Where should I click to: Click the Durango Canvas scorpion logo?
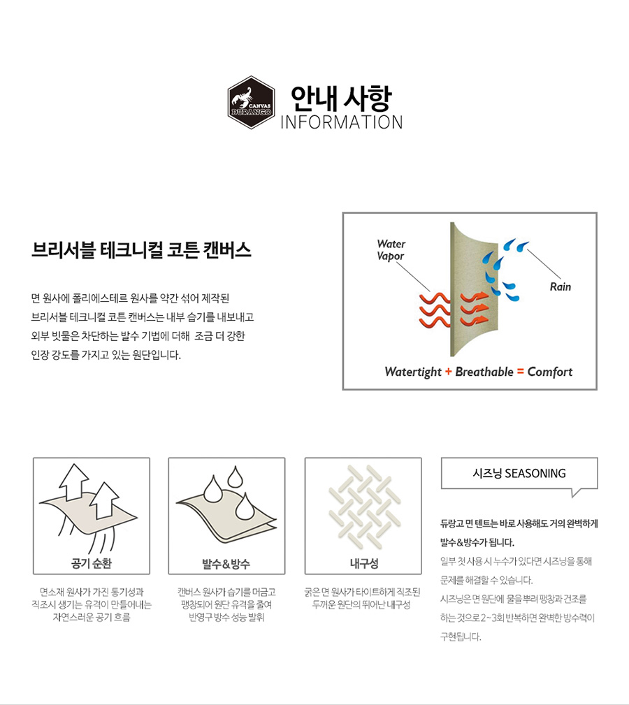(251, 103)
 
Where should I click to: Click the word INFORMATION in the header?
(342, 122)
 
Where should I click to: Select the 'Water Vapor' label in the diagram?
(391, 250)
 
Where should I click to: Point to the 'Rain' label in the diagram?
(561, 286)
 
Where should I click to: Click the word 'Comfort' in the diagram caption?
(550, 372)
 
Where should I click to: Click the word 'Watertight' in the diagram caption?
(413, 372)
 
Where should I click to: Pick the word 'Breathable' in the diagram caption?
(484, 372)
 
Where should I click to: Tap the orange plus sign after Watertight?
(448, 372)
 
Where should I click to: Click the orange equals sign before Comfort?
(520, 372)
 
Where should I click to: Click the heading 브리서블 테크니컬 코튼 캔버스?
(141, 250)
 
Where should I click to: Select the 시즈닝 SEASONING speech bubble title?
(519, 474)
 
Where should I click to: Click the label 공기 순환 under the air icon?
(92, 563)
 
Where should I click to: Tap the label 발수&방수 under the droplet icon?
(226, 564)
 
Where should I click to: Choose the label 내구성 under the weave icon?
(363, 563)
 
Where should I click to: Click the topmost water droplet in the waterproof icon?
(235, 477)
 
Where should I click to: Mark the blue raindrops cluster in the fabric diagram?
(504, 270)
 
